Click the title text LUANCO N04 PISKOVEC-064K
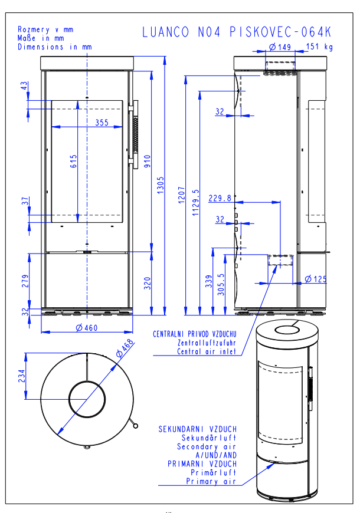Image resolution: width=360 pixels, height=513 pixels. click(x=237, y=32)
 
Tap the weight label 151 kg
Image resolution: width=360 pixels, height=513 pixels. click(x=319, y=47)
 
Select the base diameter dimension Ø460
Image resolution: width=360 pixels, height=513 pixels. click(x=87, y=328)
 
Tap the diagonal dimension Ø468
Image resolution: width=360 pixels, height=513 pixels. click(x=125, y=349)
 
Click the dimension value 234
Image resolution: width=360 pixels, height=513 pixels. click(x=22, y=376)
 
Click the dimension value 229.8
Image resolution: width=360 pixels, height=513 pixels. click(x=220, y=199)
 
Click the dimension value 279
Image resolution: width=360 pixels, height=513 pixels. click(x=25, y=280)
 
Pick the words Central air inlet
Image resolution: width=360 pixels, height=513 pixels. click(x=207, y=351)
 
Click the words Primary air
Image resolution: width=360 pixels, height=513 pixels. click(x=211, y=481)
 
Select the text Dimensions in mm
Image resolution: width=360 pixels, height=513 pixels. click(x=55, y=45)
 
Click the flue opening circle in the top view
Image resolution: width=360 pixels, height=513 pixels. click(x=87, y=399)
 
